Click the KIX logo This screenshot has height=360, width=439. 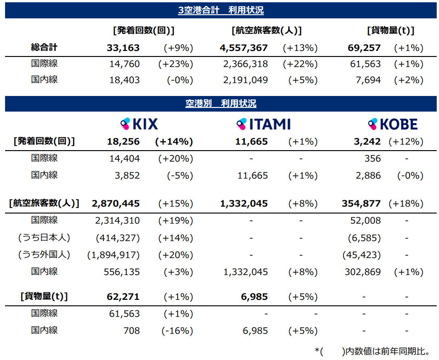pyautogui.click(x=139, y=124)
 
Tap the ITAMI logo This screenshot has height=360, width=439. pyautogui.click(x=263, y=124)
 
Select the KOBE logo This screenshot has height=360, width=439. pyautogui.click(x=393, y=124)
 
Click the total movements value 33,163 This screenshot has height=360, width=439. pyautogui.click(x=123, y=48)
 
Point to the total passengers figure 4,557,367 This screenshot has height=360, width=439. pyautogui.click(x=244, y=48)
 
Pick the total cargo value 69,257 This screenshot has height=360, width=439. pyautogui.click(x=365, y=48)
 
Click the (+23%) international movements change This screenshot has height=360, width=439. pyautogui.click(x=176, y=64)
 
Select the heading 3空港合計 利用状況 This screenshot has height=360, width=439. pyautogui.click(x=221, y=10)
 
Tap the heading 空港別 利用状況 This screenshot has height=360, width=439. pyautogui.click(x=221, y=103)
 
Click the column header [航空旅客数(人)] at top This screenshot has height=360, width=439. pyautogui.click(x=267, y=31)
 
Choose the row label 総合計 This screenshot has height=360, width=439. pyautogui.click(x=44, y=47)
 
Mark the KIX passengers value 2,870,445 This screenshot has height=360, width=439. pyautogui.click(x=116, y=203)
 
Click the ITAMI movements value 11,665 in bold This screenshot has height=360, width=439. pyautogui.click(x=251, y=141)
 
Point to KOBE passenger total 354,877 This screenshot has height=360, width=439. pyautogui.click(x=361, y=203)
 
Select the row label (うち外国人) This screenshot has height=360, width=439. pyautogui.click(x=44, y=254)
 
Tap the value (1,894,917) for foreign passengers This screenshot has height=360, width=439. pyautogui.click(x=114, y=255)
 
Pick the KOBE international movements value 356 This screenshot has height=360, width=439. pyautogui.click(x=372, y=158)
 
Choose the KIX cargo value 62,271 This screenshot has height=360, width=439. pyautogui.click(x=123, y=297)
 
